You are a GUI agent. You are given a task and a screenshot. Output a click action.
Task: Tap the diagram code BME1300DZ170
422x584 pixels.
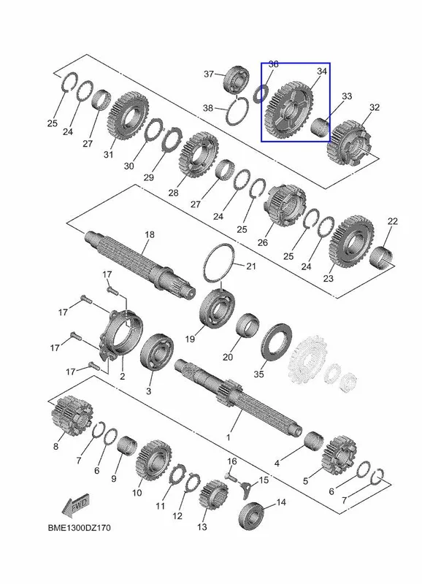tap(79, 528)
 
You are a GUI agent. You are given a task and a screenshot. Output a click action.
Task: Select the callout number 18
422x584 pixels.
tap(150, 234)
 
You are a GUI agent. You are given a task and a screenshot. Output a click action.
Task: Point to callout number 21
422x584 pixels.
tap(251, 266)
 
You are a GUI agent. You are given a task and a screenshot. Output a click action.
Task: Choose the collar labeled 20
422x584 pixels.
tap(248, 326)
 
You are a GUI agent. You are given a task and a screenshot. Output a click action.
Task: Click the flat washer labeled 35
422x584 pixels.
tap(277, 342)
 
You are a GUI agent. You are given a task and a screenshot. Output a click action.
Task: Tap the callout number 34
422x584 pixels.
tap(322, 71)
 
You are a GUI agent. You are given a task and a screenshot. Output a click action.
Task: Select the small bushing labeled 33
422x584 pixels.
tap(320, 127)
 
